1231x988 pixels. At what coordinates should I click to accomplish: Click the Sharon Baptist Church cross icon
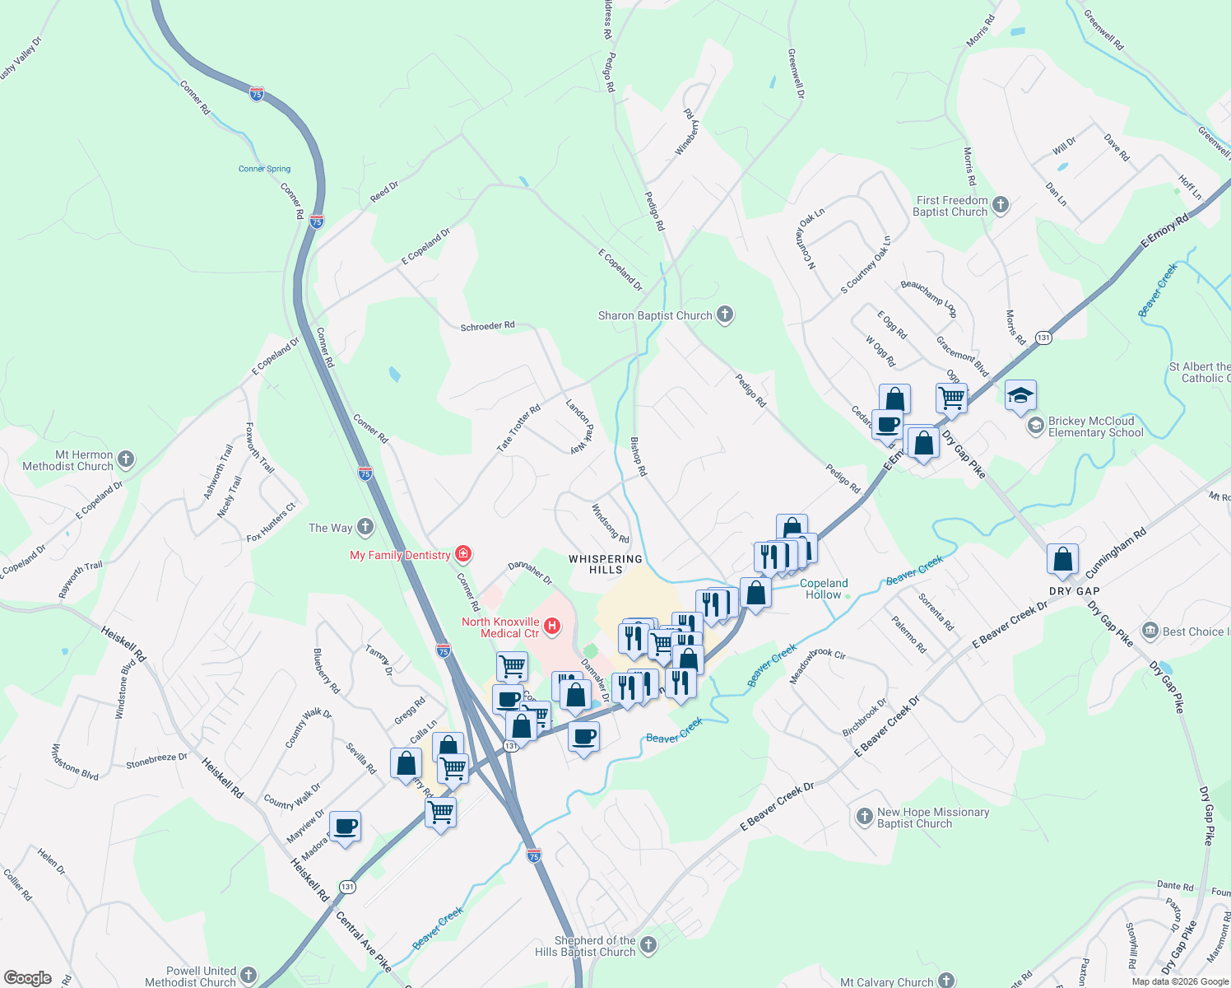coord(724,315)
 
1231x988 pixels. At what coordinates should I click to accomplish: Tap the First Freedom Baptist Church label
coord(951,206)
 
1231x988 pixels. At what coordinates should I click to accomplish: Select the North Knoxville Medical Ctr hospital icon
coord(553,627)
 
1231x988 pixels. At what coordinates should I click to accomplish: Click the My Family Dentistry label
coord(400,555)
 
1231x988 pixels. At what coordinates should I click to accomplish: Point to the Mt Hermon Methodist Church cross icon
coord(126,459)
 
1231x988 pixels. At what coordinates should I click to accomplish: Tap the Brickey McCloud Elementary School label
coord(1095,426)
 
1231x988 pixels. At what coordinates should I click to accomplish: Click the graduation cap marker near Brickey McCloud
coord(1020,396)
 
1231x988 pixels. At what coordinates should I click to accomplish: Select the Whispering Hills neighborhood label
coord(606,564)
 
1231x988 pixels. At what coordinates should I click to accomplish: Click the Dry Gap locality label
coord(1075,591)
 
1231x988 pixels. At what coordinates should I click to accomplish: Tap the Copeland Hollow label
coord(824,589)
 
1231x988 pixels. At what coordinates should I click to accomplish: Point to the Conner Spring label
coord(264,169)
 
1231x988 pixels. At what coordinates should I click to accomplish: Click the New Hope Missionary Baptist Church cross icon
coord(864,817)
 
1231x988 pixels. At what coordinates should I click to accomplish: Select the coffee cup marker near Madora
coord(346,827)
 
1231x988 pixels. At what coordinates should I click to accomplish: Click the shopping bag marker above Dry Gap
coord(1062,559)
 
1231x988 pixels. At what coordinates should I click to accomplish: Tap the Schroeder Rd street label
coord(487,326)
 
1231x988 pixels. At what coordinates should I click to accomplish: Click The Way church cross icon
coord(365,527)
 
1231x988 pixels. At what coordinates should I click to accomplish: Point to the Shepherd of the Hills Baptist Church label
coord(595,946)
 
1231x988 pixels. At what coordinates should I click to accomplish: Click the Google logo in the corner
coord(27,978)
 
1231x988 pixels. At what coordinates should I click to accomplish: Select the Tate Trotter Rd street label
coord(518,427)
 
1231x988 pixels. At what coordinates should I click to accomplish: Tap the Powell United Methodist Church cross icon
coord(249,976)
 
